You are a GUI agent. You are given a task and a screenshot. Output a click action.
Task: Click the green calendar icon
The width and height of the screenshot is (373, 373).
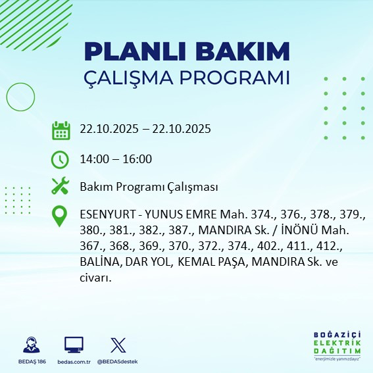[61, 130]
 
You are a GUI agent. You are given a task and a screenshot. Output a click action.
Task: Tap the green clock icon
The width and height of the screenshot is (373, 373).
[61, 159]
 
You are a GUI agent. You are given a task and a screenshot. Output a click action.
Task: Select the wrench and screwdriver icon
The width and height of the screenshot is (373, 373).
[61, 187]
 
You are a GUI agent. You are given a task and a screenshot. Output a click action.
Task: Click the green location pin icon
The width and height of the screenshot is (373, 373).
[61, 216]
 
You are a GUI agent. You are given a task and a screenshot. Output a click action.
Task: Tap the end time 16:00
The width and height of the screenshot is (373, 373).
[138, 159]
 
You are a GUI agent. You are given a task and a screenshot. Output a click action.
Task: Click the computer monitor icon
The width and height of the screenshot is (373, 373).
[74, 345]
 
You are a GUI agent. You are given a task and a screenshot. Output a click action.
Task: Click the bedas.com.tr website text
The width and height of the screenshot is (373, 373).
[74, 362]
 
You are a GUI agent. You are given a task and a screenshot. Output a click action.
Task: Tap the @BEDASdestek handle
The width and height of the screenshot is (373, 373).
[118, 362]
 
